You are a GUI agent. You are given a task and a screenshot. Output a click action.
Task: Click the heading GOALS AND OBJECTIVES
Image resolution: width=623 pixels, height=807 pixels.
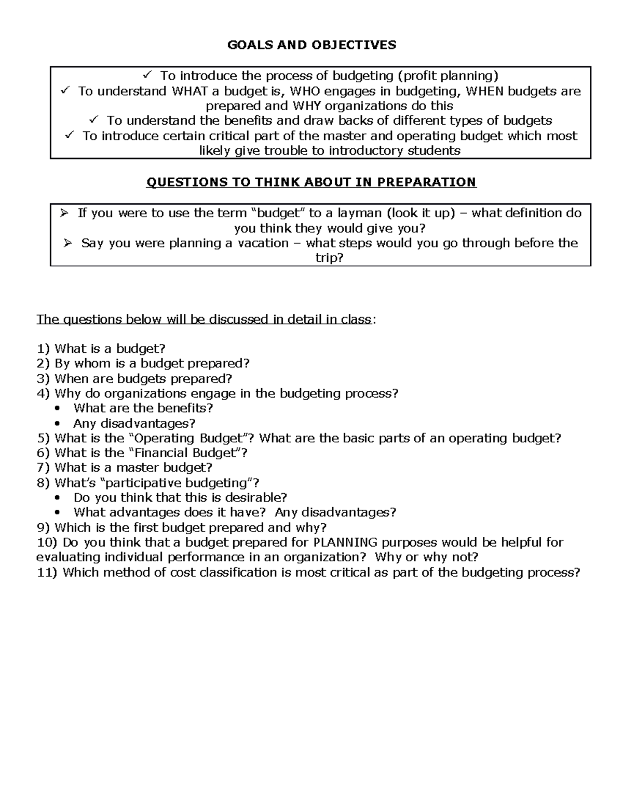311,45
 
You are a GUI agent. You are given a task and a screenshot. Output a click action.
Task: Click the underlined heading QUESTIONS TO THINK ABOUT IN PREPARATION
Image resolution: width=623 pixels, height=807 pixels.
311,182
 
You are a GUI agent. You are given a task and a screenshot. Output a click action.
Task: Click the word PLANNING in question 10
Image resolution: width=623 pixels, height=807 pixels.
346,543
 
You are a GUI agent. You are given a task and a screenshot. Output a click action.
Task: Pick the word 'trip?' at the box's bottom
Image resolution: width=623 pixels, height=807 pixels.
330,258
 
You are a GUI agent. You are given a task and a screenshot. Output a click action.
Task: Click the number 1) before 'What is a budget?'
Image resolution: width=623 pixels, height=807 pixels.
43,349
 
